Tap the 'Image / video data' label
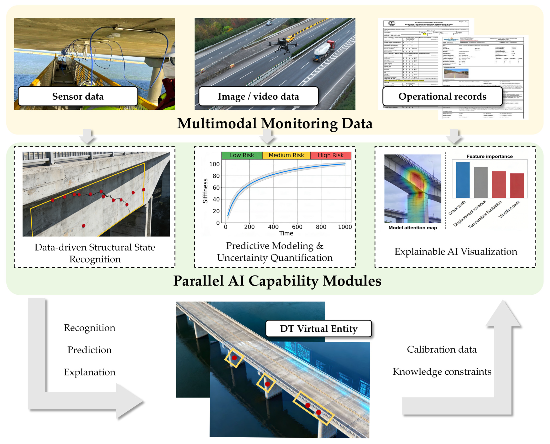pyautogui.click(x=258, y=96)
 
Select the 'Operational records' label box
pyautogui.click(x=442, y=96)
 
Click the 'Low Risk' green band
pyautogui.click(x=242, y=155)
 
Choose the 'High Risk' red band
pyautogui.click(x=331, y=155)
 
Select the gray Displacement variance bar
pyautogui.click(x=481, y=182)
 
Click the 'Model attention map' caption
pyautogui.click(x=413, y=228)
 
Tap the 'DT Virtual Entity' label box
pyautogui.click(x=319, y=329)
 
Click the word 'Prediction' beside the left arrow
pyautogui.click(x=89, y=350)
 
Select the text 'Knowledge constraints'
pyautogui.click(x=442, y=372)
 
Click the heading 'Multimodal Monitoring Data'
pyautogui.click(x=275, y=124)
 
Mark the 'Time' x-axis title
pyautogui.click(x=286, y=233)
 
